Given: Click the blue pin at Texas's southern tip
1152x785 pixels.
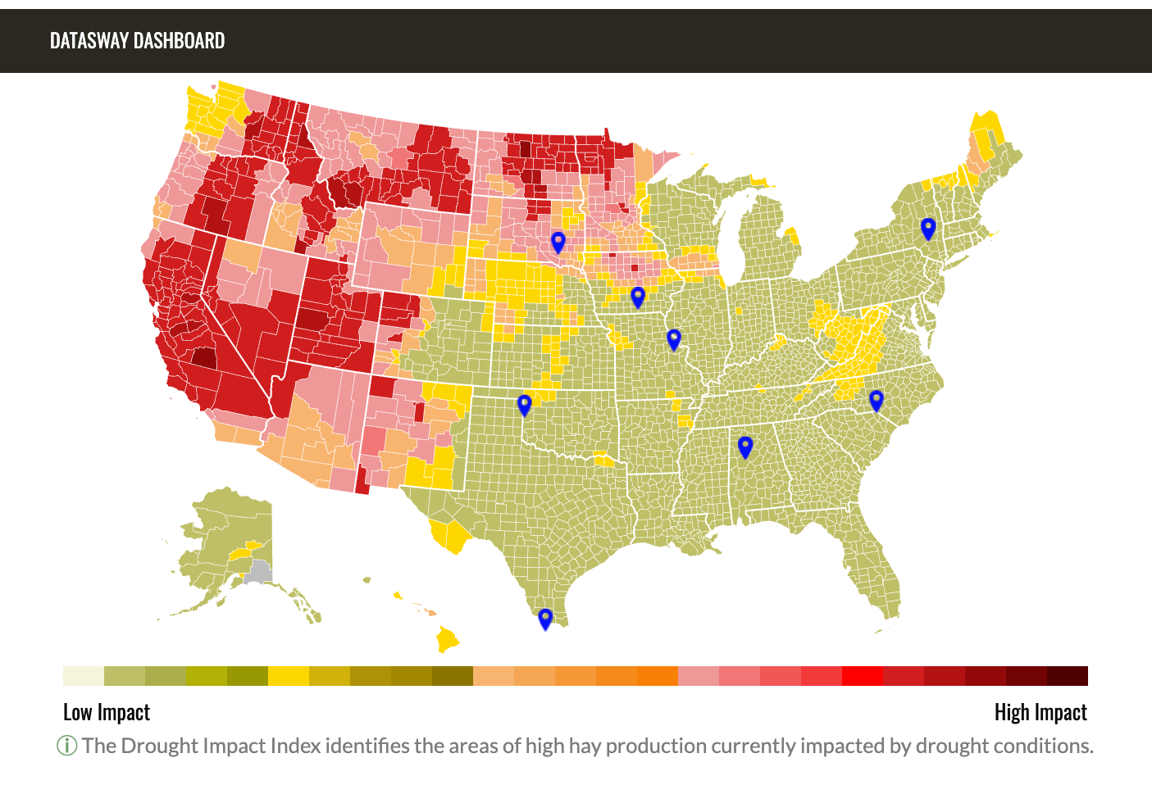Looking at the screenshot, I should [545, 618].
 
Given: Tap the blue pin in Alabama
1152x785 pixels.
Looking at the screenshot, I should [745, 446].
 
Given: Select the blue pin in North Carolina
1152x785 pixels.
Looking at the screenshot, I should [876, 400].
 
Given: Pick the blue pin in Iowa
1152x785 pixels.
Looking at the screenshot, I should [638, 297].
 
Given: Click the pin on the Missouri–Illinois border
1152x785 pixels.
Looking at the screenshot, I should [674, 338].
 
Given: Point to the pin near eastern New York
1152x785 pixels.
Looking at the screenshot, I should [928, 228].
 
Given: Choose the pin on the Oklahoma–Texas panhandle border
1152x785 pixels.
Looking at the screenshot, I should [524, 404].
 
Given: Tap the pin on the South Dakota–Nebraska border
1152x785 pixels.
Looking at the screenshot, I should [558, 242].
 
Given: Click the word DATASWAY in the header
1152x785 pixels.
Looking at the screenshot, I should [89, 41].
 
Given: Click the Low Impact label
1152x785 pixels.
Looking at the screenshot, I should [107, 712].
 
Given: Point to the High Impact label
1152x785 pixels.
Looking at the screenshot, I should [1040, 712].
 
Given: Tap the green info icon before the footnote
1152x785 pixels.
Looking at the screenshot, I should [66, 746].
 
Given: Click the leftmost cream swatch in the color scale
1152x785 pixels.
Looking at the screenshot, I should [84, 676].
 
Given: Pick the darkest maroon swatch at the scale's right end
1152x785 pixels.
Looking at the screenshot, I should [1067, 676].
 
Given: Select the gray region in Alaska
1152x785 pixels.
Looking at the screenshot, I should [261, 571].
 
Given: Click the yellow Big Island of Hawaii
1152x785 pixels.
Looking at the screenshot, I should [447, 638].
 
